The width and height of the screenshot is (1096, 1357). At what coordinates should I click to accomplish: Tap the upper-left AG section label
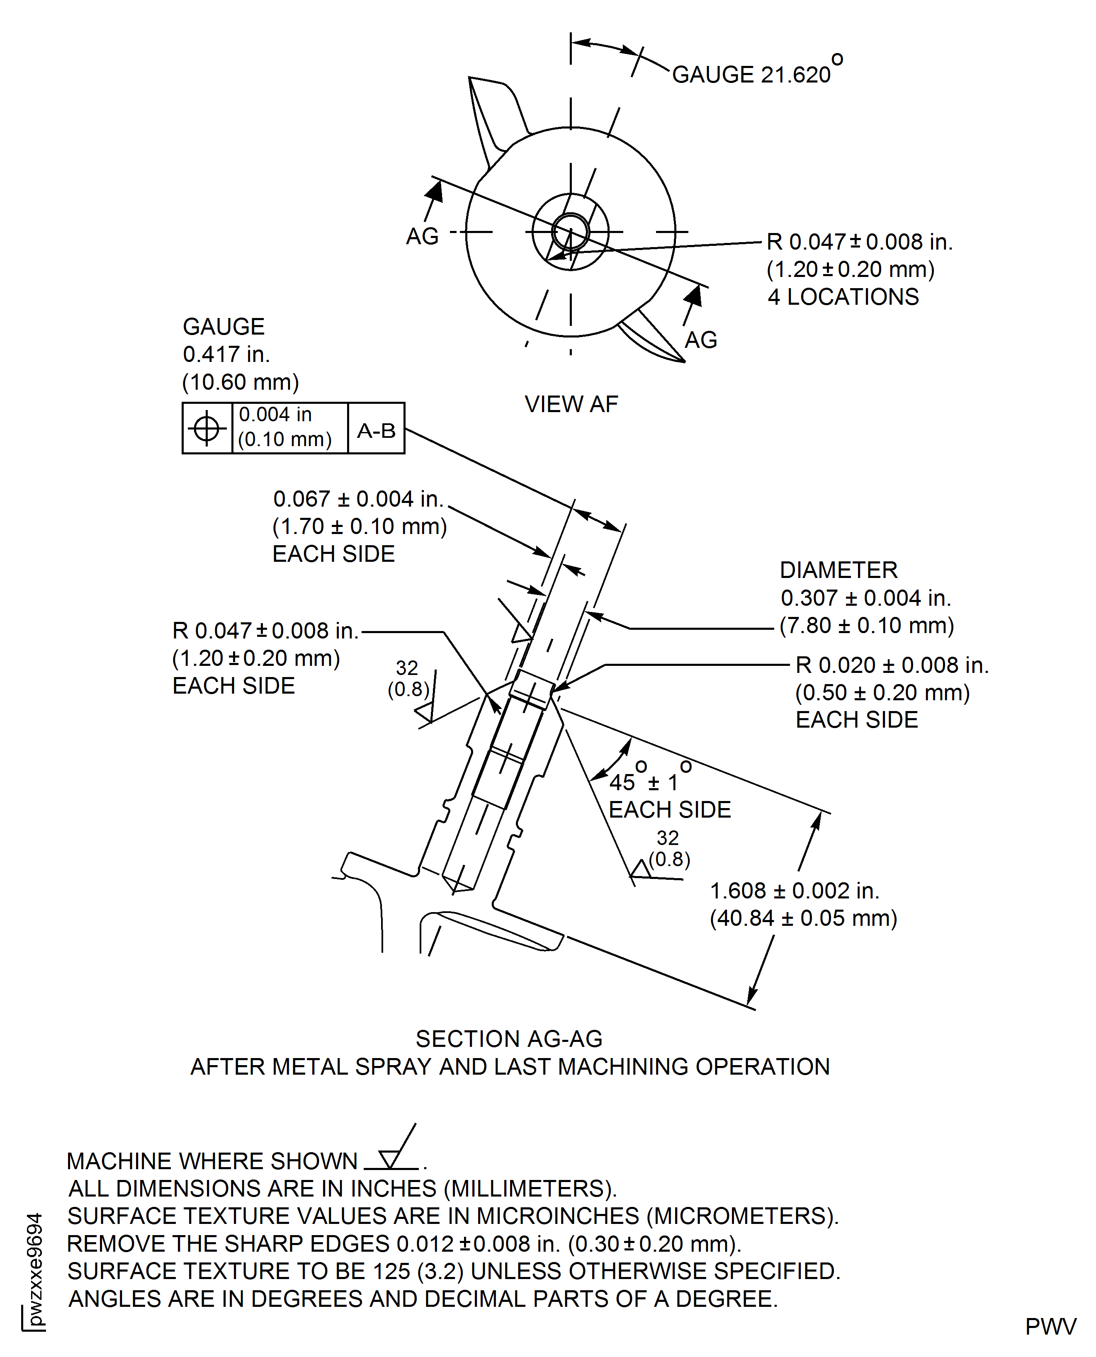click(422, 237)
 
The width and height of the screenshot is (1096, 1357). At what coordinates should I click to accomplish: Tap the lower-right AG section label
click(701, 340)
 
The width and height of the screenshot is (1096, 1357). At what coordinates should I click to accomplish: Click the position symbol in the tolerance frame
click(207, 429)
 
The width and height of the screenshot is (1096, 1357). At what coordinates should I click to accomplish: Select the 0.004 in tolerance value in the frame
click(275, 415)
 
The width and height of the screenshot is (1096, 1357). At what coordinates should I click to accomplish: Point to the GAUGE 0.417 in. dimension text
click(226, 354)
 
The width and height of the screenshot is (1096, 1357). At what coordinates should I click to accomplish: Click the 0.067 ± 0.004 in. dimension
click(358, 499)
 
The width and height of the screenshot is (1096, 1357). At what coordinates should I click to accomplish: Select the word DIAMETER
click(838, 570)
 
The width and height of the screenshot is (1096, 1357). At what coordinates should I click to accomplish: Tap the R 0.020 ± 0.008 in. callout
click(892, 665)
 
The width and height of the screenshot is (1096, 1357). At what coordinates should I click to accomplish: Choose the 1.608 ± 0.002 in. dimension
click(794, 891)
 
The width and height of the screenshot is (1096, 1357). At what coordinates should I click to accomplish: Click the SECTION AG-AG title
click(509, 1039)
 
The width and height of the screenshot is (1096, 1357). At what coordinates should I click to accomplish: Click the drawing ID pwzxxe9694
click(35, 1269)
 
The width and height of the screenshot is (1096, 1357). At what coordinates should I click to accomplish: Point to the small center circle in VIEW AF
click(571, 232)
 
